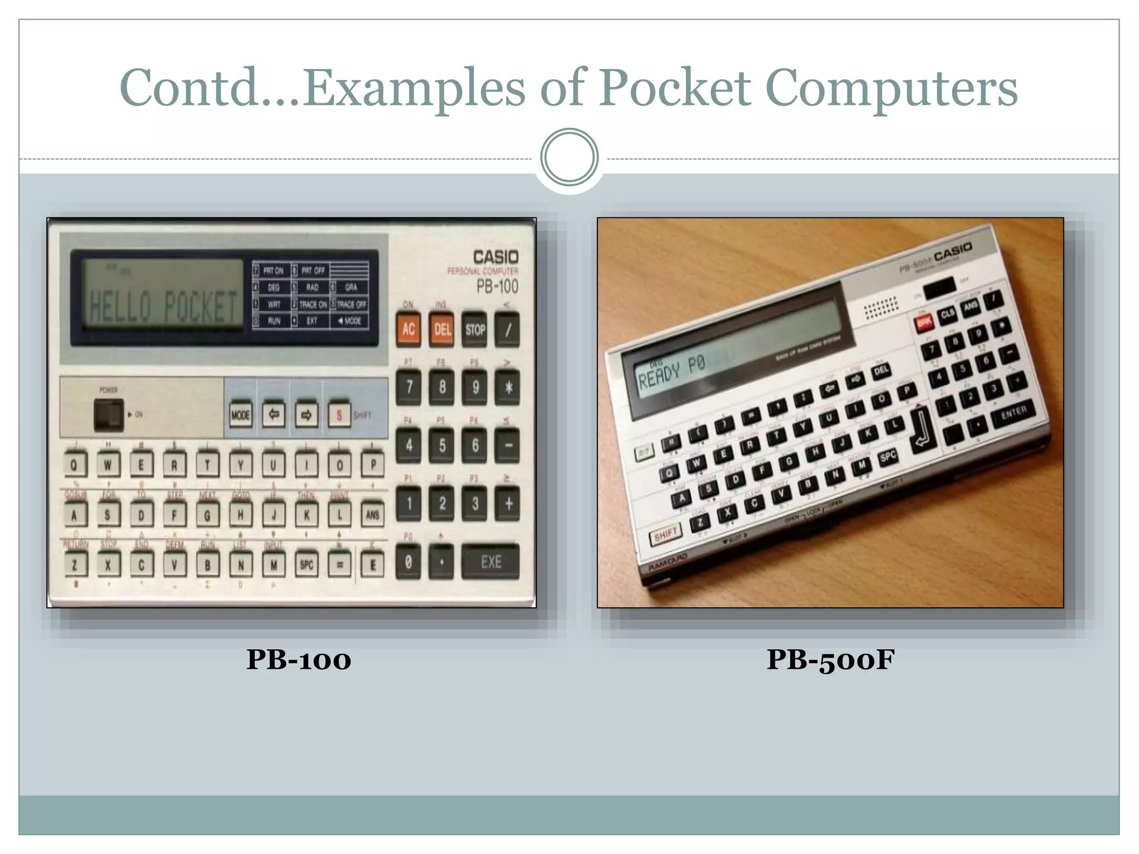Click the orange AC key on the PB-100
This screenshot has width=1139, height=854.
pyautogui.click(x=409, y=329)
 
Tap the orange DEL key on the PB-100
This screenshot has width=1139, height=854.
pyautogui.click(x=442, y=329)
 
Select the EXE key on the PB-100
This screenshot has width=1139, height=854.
pyautogui.click(x=491, y=562)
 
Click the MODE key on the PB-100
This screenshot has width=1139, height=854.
pyautogui.click(x=240, y=415)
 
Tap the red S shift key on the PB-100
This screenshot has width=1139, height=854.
pyautogui.click(x=339, y=415)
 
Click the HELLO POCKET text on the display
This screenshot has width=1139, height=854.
pyautogui.click(x=164, y=306)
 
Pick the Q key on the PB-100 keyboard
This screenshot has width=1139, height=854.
pyautogui.click(x=75, y=465)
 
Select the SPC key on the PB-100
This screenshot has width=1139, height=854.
pyautogui.click(x=306, y=565)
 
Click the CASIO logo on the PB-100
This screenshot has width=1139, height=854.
pyautogui.click(x=496, y=257)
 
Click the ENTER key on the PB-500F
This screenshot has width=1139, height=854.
pyautogui.click(x=1013, y=412)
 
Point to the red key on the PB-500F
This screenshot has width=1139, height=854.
pyautogui.click(x=924, y=322)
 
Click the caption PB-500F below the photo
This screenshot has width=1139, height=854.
pyautogui.click(x=830, y=660)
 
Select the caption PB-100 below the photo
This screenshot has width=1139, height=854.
pyautogui.click(x=299, y=660)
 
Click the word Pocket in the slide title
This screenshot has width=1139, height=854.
pyautogui.click(x=674, y=88)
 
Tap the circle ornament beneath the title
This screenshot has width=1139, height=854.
pyautogui.click(x=569, y=157)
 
